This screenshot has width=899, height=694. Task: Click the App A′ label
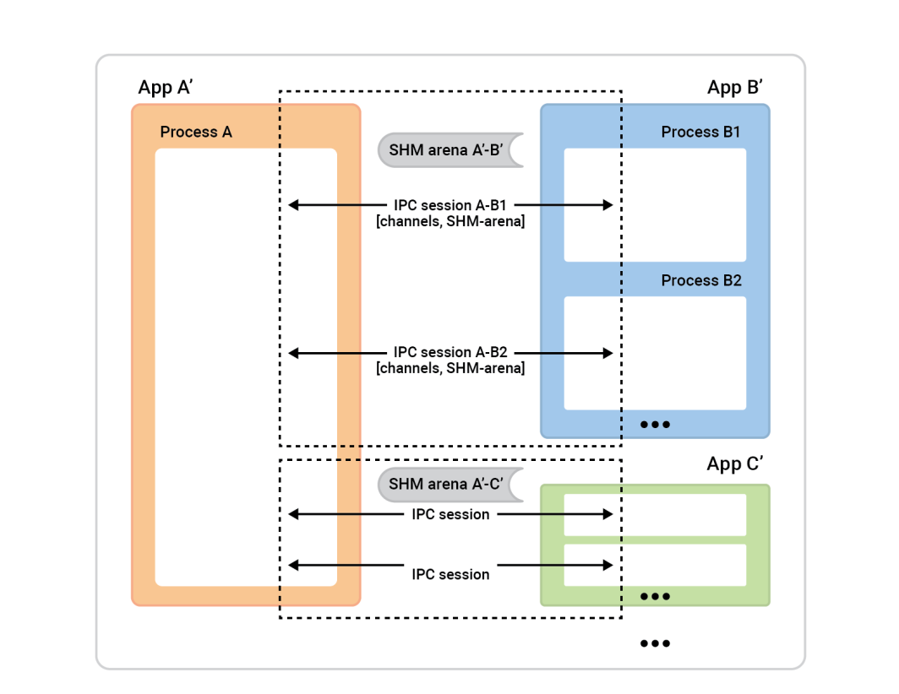pyautogui.click(x=166, y=88)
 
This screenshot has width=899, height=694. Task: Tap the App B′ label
pyautogui.click(x=735, y=88)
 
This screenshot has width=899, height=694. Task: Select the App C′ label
pyautogui.click(x=735, y=464)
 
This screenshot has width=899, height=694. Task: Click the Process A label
pyautogui.click(x=195, y=132)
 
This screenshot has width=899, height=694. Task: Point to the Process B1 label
pyautogui.click(x=700, y=132)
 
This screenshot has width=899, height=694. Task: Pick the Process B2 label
pyautogui.click(x=700, y=280)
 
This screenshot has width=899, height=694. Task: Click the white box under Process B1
pyautogui.click(x=655, y=204)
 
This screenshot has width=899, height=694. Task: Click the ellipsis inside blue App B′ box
pyautogui.click(x=655, y=424)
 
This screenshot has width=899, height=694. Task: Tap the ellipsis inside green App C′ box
pyautogui.click(x=655, y=596)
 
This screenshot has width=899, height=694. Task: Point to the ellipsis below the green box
pyautogui.click(x=655, y=643)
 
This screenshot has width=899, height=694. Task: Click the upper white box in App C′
pyautogui.click(x=655, y=514)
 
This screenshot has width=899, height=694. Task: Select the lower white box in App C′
pyautogui.click(x=655, y=565)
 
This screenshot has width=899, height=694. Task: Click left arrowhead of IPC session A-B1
pyautogui.click(x=292, y=204)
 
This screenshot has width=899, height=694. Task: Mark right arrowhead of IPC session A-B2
pyautogui.click(x=608, y=352)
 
